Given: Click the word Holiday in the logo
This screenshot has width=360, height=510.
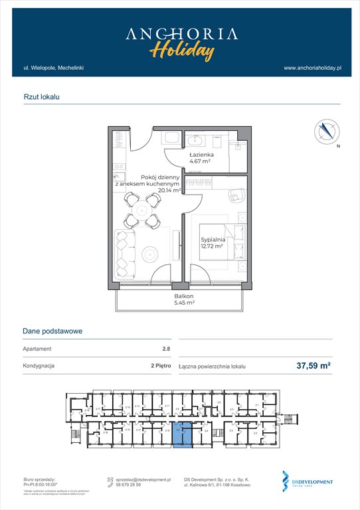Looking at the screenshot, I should click(181, 50).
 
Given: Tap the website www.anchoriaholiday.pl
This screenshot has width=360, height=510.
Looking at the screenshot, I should click(312, 68).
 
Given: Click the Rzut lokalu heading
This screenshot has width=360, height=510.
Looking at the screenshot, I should click(41, 97).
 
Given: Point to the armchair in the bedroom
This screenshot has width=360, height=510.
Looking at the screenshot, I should click(236, 195).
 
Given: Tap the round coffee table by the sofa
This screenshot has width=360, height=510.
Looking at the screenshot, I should click(149, 252).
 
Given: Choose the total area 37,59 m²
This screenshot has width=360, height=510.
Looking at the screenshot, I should click(314, 365).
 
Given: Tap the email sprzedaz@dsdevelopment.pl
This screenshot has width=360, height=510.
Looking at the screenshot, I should click(143, 479).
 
